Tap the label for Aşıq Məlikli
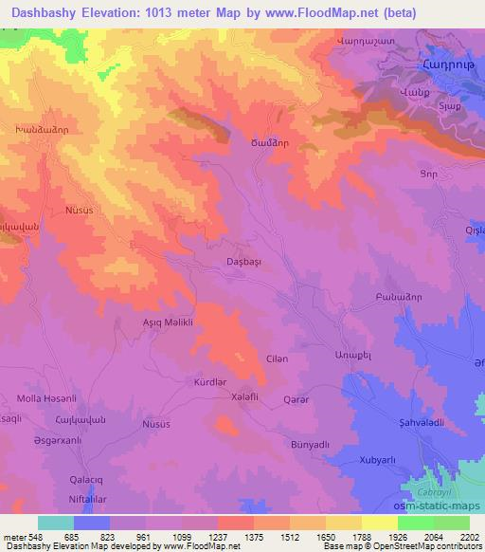click(166, 322)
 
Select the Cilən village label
click(275, 358)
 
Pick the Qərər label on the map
click(296, 400)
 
